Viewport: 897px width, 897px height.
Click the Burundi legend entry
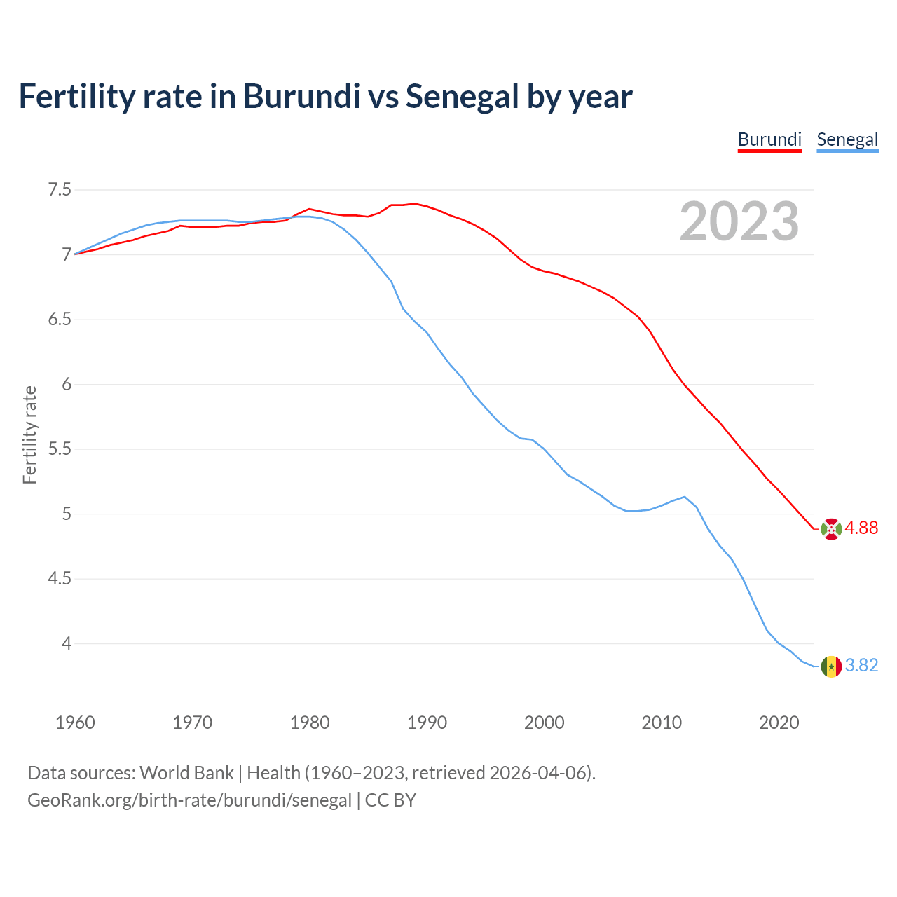point(769,139)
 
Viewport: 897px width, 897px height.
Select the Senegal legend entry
point(847,139)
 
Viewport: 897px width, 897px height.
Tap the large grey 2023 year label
point(739,221)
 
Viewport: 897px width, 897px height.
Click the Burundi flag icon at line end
point(831,529)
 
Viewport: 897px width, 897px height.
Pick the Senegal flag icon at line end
point(831,666)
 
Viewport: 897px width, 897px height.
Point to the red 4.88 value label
point(861,528)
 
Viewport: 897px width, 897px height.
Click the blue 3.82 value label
point(861,666)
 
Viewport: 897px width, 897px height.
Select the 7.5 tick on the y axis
point(60,190)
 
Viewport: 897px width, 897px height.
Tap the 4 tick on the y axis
point(67,643)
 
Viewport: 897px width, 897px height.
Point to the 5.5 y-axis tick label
point(60,449)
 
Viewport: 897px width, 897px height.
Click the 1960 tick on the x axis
point(75,723)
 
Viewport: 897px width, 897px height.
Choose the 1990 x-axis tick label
point(427,723)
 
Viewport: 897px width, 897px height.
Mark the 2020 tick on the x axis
point(779,723)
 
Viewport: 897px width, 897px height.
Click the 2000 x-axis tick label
point(545,723)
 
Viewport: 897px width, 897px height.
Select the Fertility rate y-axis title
point(29,434)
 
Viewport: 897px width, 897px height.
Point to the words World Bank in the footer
point(186,773)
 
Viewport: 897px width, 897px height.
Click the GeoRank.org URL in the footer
point(189,800)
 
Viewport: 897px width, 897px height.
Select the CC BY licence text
point(390,800)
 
